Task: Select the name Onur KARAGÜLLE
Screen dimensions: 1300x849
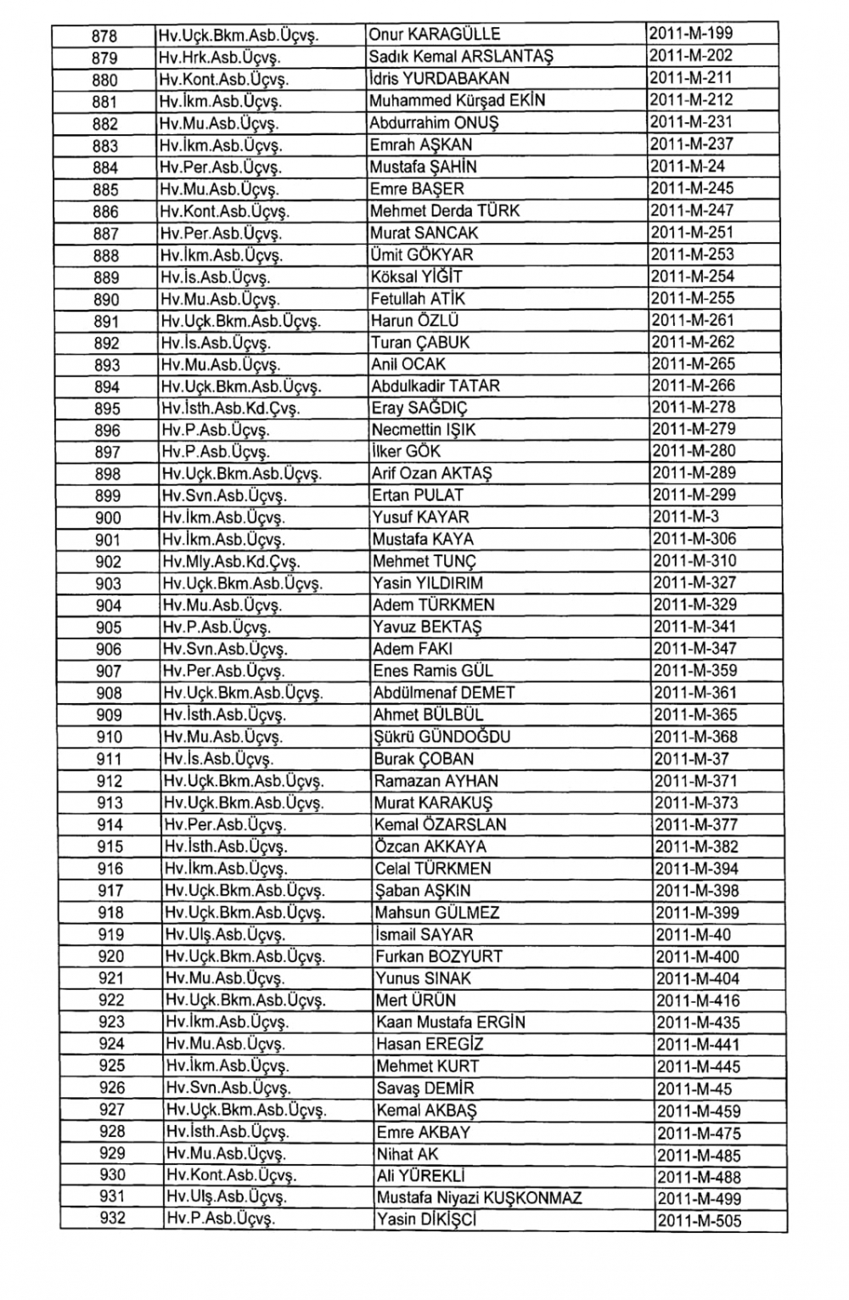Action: (435, 35)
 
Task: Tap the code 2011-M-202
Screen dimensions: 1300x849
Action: (690, 56)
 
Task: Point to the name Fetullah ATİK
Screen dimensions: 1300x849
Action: (418, 299)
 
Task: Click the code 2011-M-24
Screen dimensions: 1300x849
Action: (687, 166)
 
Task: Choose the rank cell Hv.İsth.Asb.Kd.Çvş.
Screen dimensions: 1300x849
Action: (230, 408)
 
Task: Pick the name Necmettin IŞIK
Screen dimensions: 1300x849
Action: (423, 430)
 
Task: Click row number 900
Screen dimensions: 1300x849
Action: (108, 518)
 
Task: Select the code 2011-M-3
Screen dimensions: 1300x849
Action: (682, 517)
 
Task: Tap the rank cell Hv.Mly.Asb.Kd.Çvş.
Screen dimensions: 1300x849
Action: (231, 562)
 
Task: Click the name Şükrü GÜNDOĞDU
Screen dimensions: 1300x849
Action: (442, 737)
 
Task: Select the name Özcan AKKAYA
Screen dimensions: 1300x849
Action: (430, 847)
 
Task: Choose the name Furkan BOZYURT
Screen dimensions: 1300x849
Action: (439, 957)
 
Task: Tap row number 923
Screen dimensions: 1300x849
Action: (111, 1021)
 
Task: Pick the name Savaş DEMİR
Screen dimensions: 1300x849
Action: (425, 1089)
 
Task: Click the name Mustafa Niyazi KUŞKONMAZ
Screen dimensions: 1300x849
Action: (479, 1198)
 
